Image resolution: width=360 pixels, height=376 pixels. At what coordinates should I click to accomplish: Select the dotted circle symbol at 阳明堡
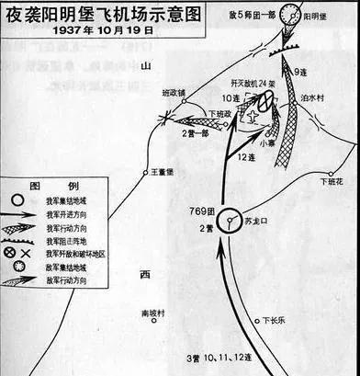point(291,12)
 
